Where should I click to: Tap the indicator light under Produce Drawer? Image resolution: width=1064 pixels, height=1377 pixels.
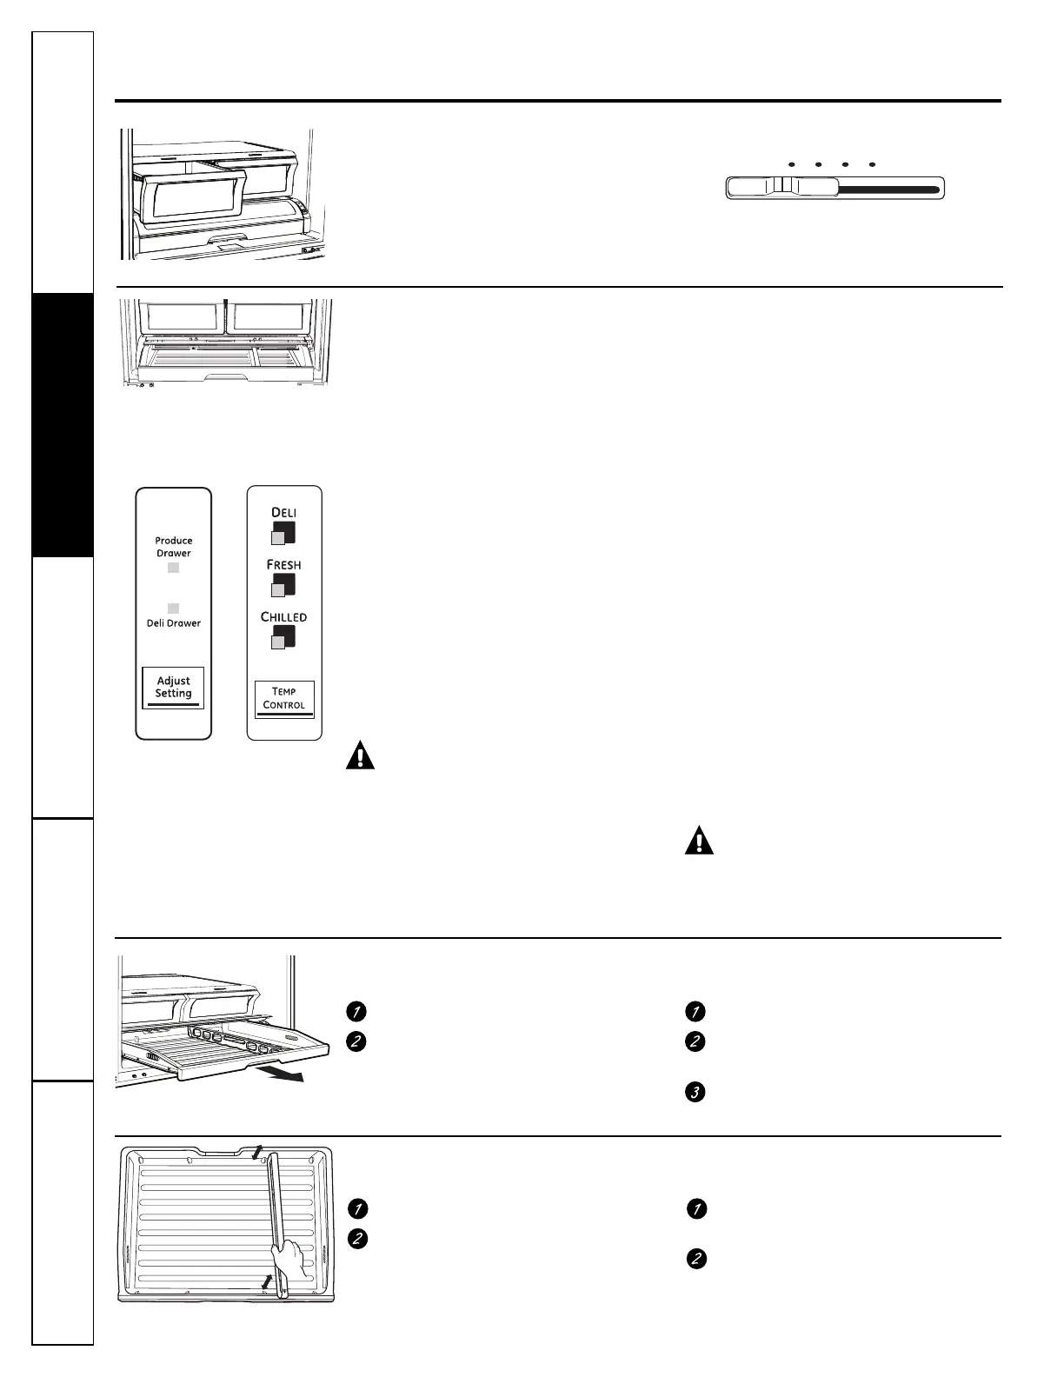[x=174, y=568]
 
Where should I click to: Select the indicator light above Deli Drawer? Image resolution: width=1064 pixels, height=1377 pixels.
[x=174, y=608]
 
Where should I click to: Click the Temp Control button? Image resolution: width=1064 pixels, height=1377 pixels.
[x=284, y=699]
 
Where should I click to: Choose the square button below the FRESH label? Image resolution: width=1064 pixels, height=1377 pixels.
[x=283, y=585]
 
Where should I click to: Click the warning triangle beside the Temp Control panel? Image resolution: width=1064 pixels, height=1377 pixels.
[x=360, y=755]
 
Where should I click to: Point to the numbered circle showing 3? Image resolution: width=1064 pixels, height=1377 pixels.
[x=695, y=1092]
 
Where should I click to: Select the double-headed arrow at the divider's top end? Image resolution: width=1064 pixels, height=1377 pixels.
[x=256, y=1153]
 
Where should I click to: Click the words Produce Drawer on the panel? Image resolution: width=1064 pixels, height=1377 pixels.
[x=174, y=547]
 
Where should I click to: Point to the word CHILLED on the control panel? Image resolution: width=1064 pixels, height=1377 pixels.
[x=284, y=617]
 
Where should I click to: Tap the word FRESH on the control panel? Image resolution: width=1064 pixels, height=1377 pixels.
[x=284, y=565]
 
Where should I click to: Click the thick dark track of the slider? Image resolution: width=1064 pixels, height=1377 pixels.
[x=887, y=188]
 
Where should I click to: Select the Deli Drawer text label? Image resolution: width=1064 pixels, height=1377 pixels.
[x=174, y=623]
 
